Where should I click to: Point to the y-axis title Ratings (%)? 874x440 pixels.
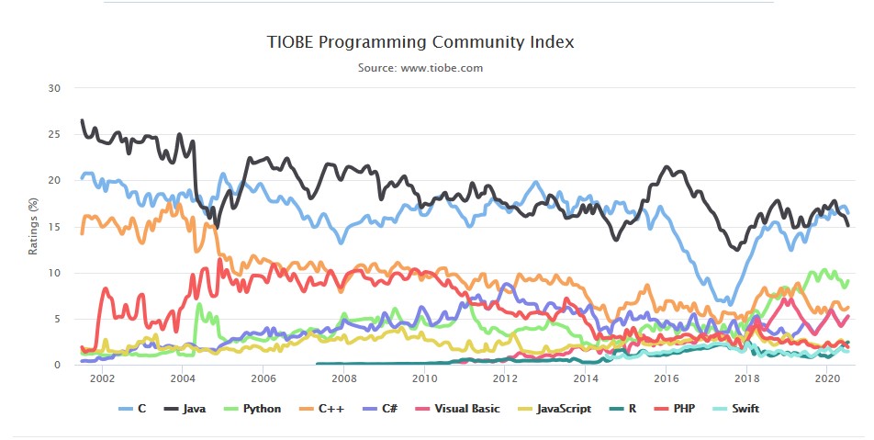[x=34, y=226]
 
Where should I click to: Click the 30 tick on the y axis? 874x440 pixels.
[x=53, y=88]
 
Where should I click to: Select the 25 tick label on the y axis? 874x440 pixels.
[x=53, y=134]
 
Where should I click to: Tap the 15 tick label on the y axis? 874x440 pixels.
[x=53, y=227]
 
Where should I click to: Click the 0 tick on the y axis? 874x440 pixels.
[x=56, y=365]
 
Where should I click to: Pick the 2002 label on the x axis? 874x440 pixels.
[x=102, y=378]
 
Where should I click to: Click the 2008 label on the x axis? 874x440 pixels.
[x=343, y=378]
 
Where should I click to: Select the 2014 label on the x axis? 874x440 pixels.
[x=586, y=378]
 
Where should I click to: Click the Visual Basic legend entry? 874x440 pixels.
[x=459, y=408]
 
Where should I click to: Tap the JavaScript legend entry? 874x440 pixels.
[x=555, y=408]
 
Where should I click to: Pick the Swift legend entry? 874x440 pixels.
[x=747, y=408]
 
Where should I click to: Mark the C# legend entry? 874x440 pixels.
[x=382, y=408]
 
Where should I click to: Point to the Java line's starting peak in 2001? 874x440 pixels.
[x=83, y=120]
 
